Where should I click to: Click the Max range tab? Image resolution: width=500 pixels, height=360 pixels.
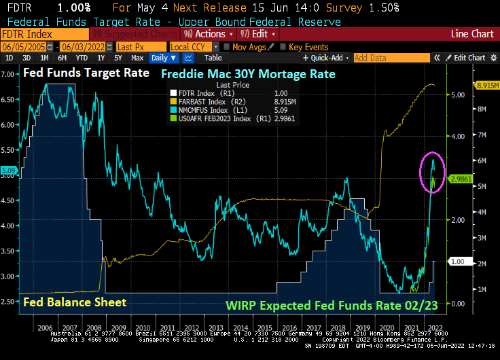[x=137, y=58]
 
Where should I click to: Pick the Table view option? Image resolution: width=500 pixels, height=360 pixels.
[x=213, y=58]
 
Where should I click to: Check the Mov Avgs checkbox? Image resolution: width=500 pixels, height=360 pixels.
[x=226, y=47]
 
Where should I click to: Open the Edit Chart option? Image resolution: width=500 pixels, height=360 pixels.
[x=465, y=58]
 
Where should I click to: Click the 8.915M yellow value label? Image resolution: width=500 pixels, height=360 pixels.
[x=486, y=86]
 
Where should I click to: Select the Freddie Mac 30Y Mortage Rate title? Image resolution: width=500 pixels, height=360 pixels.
[x=248, y=73]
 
